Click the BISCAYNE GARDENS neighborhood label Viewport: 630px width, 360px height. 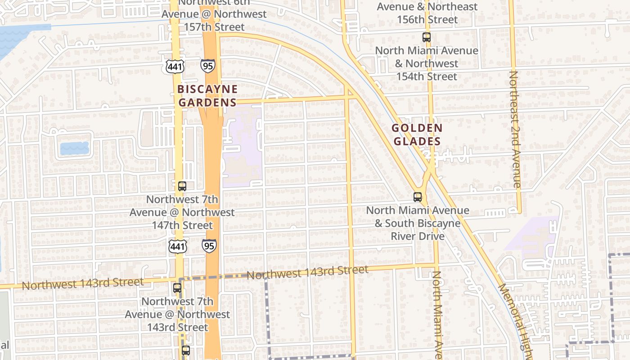[x=207, y=95]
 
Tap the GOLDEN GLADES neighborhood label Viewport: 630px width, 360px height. [x=417, y=135]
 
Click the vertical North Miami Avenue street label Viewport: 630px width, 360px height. [x=438, y=315]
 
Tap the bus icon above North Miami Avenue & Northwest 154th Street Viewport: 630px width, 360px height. [x=427, y=37]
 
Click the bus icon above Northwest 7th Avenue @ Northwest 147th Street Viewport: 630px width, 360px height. [x=182, y=186]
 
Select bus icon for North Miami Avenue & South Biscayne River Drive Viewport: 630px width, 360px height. [x=418, y=197]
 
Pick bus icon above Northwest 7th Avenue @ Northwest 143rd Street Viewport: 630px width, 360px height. [x=177, y=288]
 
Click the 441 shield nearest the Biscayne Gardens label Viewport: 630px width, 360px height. [x=175, y=67]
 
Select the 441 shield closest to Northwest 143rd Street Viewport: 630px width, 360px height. [x=178, y=246]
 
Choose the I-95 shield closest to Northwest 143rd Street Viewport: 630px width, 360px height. [x=209, y=246]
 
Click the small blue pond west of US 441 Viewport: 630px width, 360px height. [x=74, y=148]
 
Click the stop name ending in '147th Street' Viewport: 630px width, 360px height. [x=182, y=212]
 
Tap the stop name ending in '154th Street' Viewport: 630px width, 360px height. [x=427, y=63]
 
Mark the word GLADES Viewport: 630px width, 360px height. [x=417, y=141]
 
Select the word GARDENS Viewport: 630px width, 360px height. [x=207, y=102]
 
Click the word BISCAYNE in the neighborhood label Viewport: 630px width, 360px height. [x=207, y=89]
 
